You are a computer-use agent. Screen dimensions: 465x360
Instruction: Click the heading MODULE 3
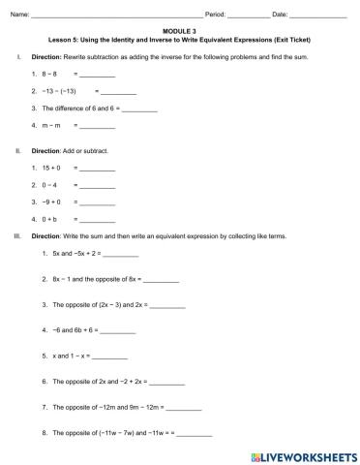tap(179, 30)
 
